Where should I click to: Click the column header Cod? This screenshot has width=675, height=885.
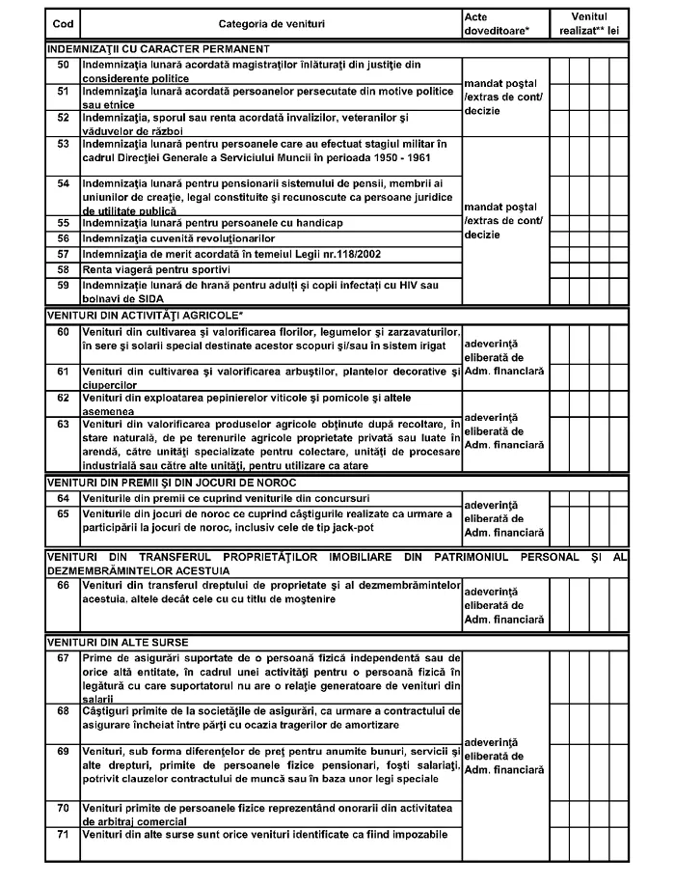(63, 23)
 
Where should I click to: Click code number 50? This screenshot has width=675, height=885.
(64, 64)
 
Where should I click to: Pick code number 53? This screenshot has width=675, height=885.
(64, 144)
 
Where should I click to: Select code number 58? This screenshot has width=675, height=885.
(64, 268)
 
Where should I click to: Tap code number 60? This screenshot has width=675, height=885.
(64, 331)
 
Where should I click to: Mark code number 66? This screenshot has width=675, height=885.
(64, 585)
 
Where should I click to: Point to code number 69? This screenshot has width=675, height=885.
(64, 750)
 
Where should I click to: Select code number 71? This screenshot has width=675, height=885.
(64, 833)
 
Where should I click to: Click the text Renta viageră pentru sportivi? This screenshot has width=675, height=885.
(157, 268)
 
